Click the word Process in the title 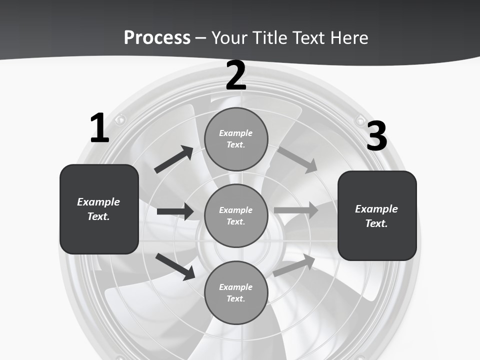point(157,38)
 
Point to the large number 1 point(99,128)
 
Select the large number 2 point(236,75)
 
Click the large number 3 point(376,136)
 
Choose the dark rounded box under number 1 point(99,209)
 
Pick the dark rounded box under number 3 point(377,215)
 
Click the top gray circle point(236,139)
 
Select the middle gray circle point(236,215)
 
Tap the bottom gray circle point(236,292)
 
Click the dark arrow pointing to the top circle point(174,159)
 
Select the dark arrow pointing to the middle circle point(175,211)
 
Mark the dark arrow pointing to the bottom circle point(175,266)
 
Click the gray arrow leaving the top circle point(297,159)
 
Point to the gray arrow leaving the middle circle point(296,210)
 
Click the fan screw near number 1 point(120,119)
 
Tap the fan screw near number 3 point(359,120)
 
